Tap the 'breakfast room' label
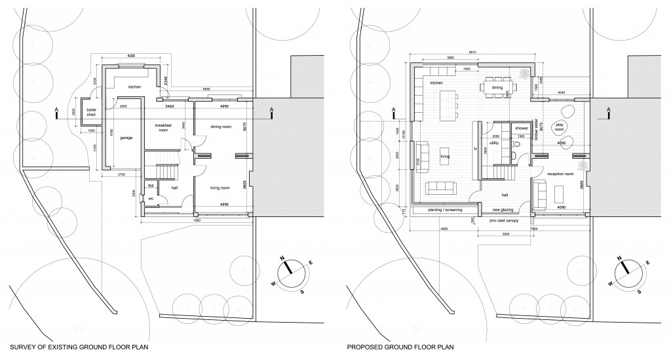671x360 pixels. coord(163,127)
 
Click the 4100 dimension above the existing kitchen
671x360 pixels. coord(131,57)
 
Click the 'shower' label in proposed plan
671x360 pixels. coord(521,128)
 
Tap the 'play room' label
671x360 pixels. coord(560,126)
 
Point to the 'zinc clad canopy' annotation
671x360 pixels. coord(504,222)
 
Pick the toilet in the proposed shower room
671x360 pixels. coord(518,155)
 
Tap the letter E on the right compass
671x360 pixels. coord(647,262)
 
